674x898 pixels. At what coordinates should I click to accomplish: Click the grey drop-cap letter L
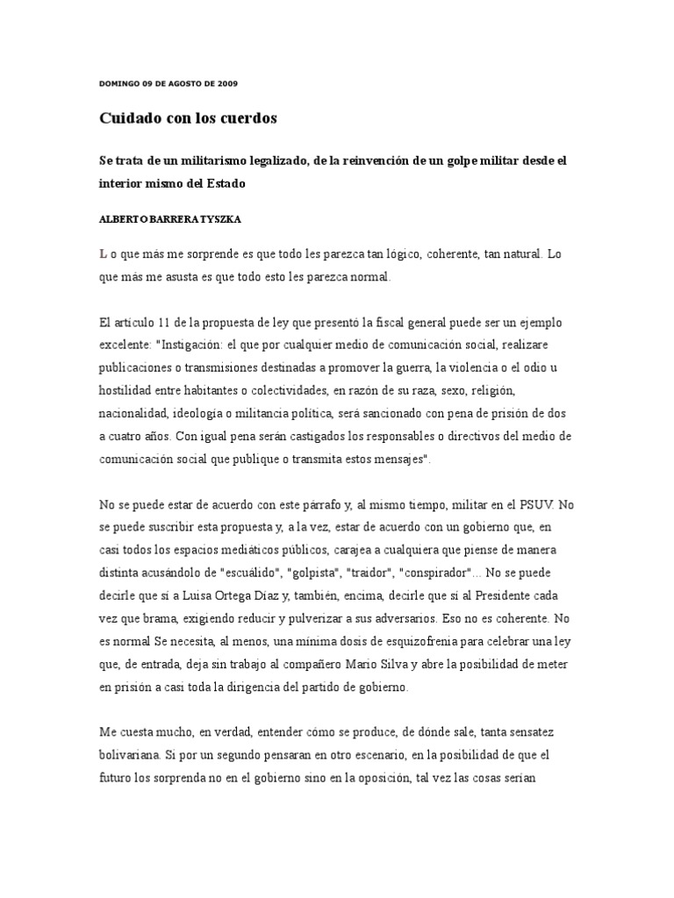click(x=103, y=254)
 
